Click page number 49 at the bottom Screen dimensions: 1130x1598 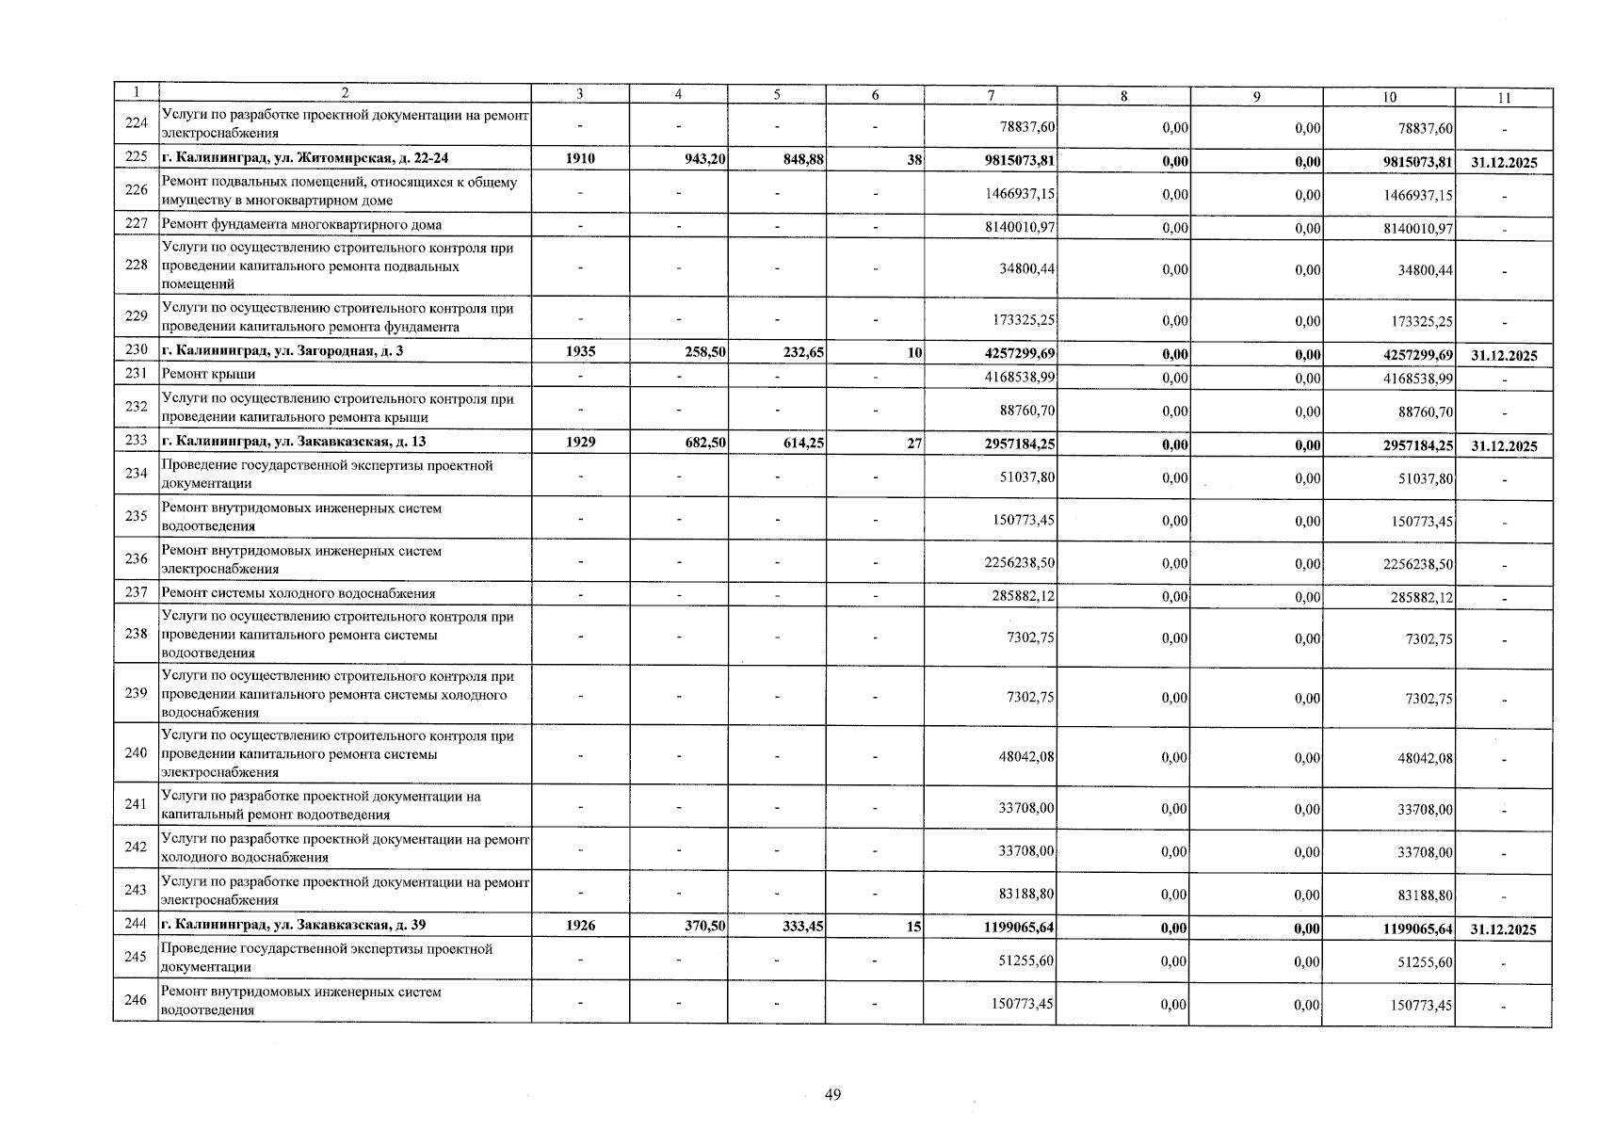(x=832, y=1094)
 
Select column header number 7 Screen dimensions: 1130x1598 (x=991, y=95)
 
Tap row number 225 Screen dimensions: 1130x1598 (x=136, y=159)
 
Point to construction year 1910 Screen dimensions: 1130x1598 (x=580, y=159)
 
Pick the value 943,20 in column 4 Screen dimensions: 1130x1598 (x=704, y=160)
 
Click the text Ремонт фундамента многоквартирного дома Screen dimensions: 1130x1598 (x=302, y=225)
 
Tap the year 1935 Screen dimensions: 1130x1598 (x=580, y=352)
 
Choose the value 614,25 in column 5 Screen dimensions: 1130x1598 (x=803, y=444)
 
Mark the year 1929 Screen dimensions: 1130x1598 (x=580, y=443)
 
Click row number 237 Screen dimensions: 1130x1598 (x=136, y=593)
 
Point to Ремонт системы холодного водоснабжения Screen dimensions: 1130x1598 (x=299, y=593)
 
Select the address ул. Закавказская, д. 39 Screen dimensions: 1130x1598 (x=295, y=926)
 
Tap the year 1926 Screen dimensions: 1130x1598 (x=580, y=926)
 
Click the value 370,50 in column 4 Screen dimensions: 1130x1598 (x=704, y=927)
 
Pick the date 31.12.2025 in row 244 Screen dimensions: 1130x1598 (x=1503, y=929)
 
